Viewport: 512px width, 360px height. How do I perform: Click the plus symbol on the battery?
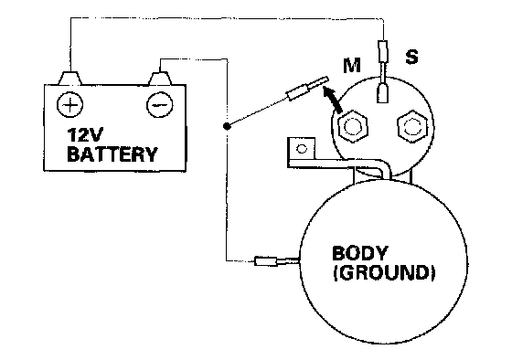[x=69, y=105]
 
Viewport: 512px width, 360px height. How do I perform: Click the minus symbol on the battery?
[x=160, y=105]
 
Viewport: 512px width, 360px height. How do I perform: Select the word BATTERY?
[x=112, y=154]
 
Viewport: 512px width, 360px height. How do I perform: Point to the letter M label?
[x=352, y=66]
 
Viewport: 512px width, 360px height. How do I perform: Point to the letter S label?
[x=411, y=57]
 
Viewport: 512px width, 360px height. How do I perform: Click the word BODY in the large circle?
[x=360, y=253]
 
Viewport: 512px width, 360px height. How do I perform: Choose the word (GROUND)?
[x=384, y=272]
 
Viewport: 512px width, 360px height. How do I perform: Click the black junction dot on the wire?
[x=226, y=126]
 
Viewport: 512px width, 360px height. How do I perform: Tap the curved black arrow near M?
[x=332, y=100]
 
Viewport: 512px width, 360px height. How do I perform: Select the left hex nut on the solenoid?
[x=351, y=126]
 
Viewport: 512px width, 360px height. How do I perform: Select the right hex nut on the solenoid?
[x=412, y=126]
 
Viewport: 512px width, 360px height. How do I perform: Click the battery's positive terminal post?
[x=69, y=79]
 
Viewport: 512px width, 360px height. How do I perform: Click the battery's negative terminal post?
[x=160, y=79]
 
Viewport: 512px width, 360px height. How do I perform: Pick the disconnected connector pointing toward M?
[x=306, y=88]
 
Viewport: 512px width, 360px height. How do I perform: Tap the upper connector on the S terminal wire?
[x=383, y=51]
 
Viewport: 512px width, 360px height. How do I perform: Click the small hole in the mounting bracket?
[x=301, y=150]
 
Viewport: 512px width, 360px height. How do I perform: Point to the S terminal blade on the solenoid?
[x=383, y=93]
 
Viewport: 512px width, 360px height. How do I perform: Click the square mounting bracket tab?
[x=301, y=150]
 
